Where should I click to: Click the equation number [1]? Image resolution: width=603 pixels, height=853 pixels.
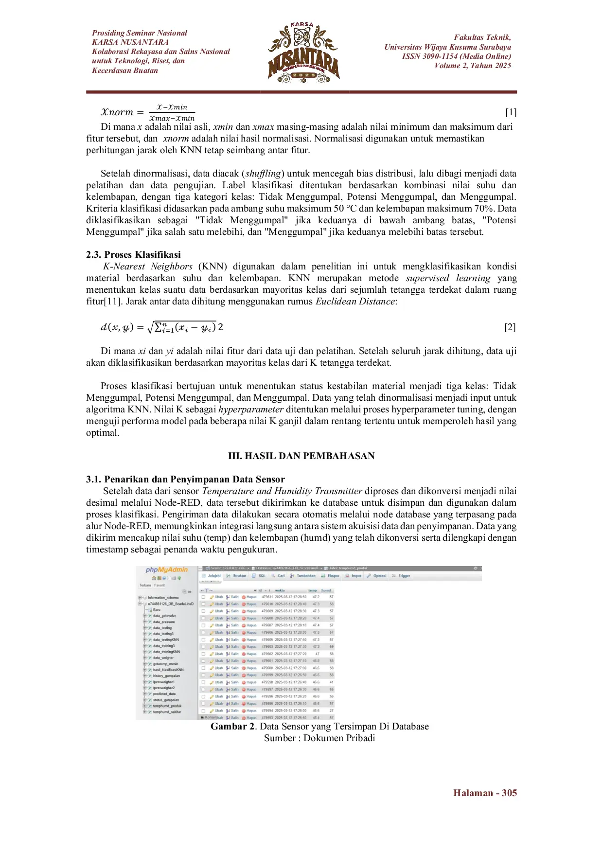pyautogui.click(x=510, y=112)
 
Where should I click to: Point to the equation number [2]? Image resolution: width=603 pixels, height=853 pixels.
pyautogui.click(x=510, y=327)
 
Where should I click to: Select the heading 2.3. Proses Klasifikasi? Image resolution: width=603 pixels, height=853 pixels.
pyautogui.click(x=133, y=254)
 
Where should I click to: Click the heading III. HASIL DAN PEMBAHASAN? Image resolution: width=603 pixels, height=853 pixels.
pyautogui.click(x=301, y=456)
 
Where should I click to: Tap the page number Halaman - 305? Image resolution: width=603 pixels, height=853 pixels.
pyautogui.click(x=485, y=793)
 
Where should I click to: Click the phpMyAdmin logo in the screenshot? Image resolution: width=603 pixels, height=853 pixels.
pyautogui.click(x=166, y=569)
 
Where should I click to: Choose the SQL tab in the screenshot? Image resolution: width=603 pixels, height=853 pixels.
pyautogui.click(x=262, y=576)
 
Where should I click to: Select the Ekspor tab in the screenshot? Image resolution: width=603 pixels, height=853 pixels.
pyautogui.click(x=333, y=576)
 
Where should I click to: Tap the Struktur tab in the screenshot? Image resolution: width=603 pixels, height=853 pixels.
pyautogui.click(x=239, y=576)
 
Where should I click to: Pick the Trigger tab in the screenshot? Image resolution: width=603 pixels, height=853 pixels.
pyautogui.click(x=404, y=576)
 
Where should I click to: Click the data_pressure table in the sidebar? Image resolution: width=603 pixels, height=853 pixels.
pyautogui.click(x=164, y=622)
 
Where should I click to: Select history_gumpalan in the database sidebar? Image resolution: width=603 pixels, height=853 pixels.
pyautogui.click(x=166, y=675)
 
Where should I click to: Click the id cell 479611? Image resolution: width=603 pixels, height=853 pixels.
pyautogui.click(x=267, y=597)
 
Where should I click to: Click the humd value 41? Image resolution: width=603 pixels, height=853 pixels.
pyautogui.click(x=332, y=682)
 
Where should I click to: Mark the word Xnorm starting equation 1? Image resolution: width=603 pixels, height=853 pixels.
pyautogui.click(x=117, y=112)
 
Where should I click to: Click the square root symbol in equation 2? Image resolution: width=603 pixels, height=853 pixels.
pyautogui.click(x=150, y=327)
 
